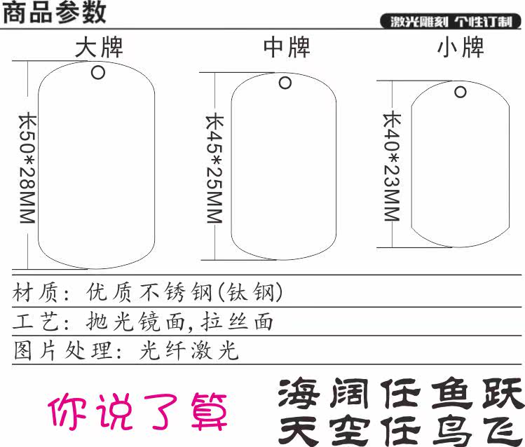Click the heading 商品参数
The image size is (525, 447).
pyautogui.click(x=55, y=13)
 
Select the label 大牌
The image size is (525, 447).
pyautogui.click(x=99, y=48)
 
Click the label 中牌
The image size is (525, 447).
pyautogui.click(x=287, y=48)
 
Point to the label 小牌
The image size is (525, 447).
pyautogui.click(x=461, y=48)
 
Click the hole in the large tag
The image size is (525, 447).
pyautogui.click(x=97, y=71)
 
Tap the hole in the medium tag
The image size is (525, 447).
pyautogui.click(x=285, y=83)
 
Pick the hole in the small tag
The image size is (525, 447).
pyautogui.click(x=461, y=92)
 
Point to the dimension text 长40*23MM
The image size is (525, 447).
pyautogui.click(x=391, y=165)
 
